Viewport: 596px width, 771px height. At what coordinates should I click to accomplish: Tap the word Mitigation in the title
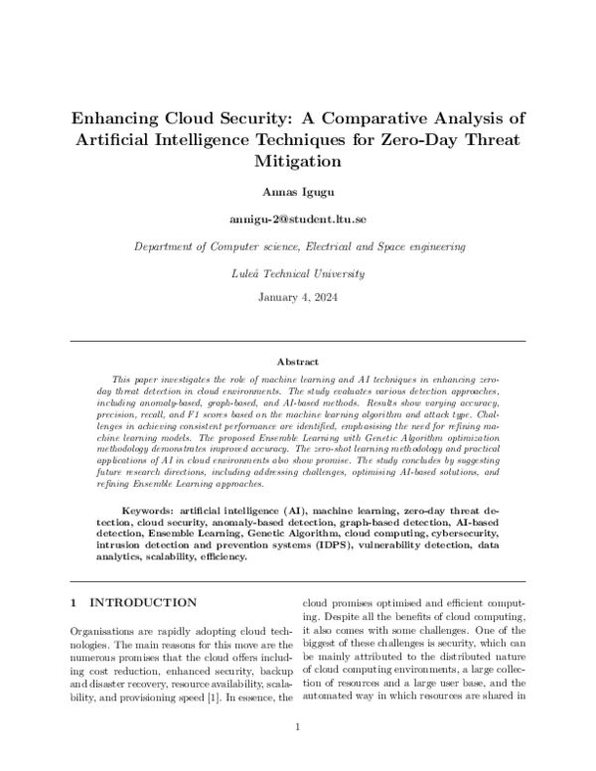pos(298,159)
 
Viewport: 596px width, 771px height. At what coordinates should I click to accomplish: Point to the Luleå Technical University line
pos(298,272)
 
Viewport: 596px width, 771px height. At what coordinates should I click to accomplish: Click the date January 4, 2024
pos(298,298)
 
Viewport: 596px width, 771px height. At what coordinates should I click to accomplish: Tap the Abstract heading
pos(298,364)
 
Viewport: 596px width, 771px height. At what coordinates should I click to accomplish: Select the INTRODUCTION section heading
pos(145,602)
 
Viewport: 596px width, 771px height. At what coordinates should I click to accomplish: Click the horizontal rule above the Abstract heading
pos(298,342)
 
